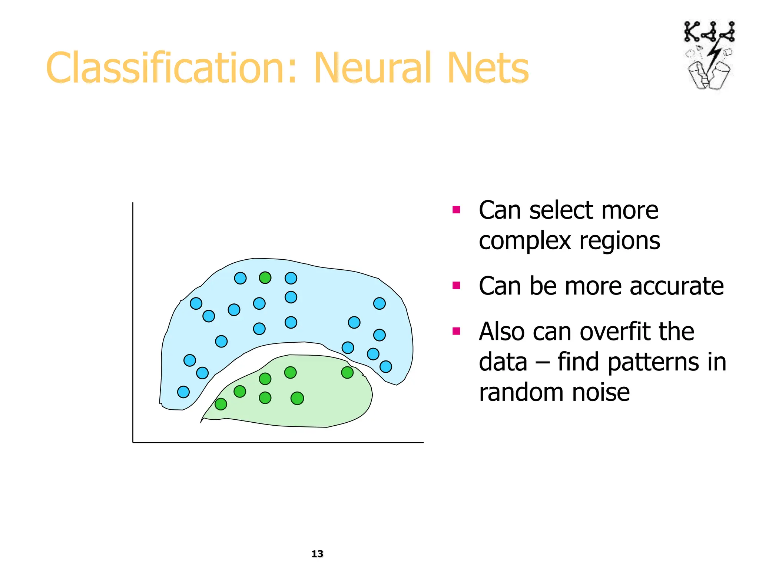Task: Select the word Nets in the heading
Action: click(x=488, y=69)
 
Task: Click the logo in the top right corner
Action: click(x=709, y=56)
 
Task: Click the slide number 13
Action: click(x=317, y=553)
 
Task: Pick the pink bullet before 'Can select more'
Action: click(x=456, y=210)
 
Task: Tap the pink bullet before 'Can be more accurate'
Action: click(x=456, y=286)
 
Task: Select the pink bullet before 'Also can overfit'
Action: click(x=456, y=331)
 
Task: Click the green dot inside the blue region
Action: click(x=265, y=277)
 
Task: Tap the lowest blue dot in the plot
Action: click(x=183, y=392)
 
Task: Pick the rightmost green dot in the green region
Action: click(x=347, y=372)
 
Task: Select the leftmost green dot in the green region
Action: click(x=221, y=404)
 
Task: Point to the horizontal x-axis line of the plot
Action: click(x=278, y=442)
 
